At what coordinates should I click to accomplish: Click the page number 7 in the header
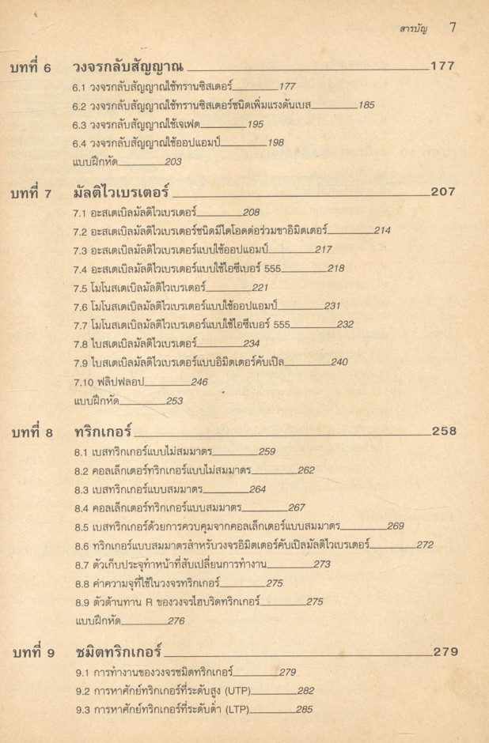pyautogui.click(x=453, y=28)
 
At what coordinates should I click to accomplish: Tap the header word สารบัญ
pyautogui.click(x=413, y=28)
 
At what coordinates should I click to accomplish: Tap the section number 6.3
pyautogui.click(x=79, y=124)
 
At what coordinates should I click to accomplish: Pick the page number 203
pyautogui.click(x=174, y=162)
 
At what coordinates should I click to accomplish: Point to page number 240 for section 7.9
pyautogui.click(x=339, y=363)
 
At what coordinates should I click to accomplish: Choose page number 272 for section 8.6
pyautogui.click(x=424, y=545)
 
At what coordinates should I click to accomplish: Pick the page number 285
pyautogui.click(x=304, y=709)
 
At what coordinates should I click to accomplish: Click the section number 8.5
pyautogui.click(x=79, y=526)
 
